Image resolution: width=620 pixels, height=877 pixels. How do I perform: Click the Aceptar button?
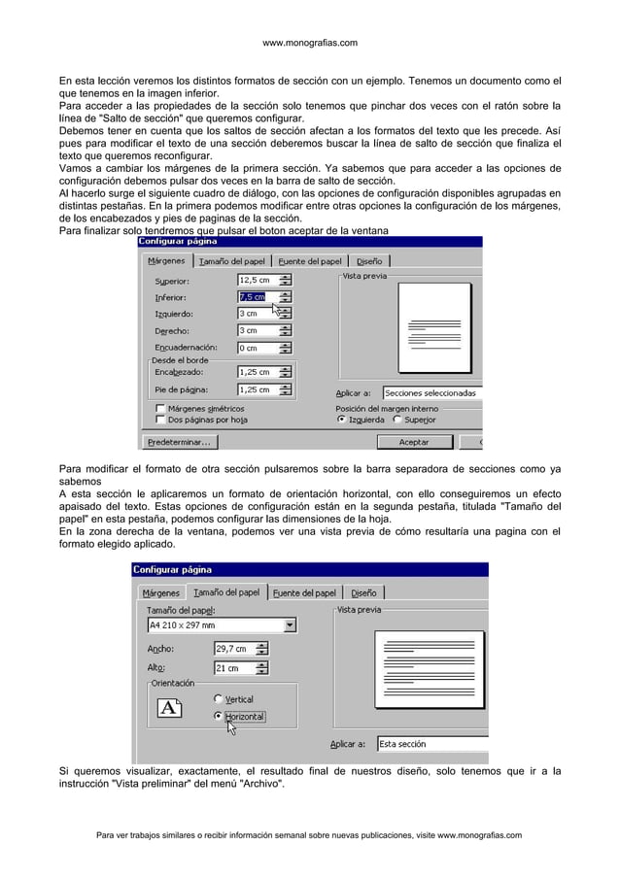(x=414, y=442)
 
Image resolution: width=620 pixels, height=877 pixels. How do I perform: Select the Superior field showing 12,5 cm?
(x=257, y=281)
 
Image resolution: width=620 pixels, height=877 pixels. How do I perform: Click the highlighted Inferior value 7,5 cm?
(x=252, y=297)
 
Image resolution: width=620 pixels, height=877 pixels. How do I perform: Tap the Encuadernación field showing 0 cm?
(x=257, y=347)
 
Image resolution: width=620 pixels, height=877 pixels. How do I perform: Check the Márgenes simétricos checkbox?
(x=161, y=409)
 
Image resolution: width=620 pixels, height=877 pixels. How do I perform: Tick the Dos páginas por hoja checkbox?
(x=161, y=421)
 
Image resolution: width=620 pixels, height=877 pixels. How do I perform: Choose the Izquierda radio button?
(x=341, y=421)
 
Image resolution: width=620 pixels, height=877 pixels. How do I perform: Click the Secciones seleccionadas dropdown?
(x=431, y=393)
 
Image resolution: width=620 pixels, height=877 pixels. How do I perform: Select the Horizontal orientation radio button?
(x=217, y=717)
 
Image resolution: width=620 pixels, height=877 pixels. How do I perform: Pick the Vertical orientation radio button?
(x=217, y=698)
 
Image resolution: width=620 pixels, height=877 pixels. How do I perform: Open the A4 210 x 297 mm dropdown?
(x=222, y=624)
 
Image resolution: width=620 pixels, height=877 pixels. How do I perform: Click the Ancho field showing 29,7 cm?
(x=233, y=649)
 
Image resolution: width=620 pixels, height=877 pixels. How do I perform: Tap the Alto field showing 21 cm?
(x=233, y=668)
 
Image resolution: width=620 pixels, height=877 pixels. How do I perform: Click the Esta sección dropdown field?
(x=431, y=744)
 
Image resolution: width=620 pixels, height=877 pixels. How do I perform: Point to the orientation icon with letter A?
(x=168, y=708)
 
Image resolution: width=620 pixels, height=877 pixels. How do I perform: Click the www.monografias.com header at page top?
(x=310, y=43)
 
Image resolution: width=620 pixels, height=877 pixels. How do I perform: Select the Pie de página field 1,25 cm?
(x=257, y=389)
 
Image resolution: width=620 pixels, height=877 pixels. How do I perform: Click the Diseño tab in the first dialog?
(x=369, y=260)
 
